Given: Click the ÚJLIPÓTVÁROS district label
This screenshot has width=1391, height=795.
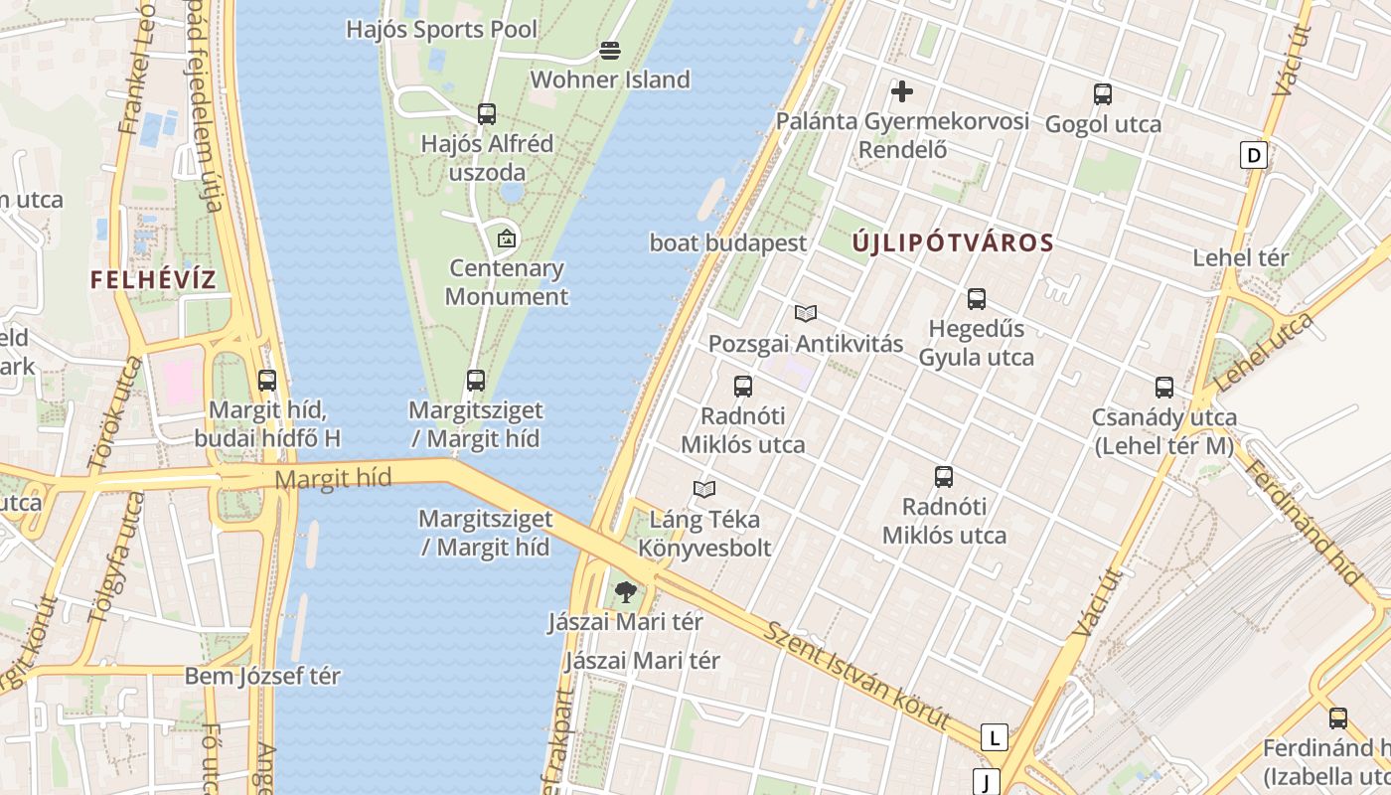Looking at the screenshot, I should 953,242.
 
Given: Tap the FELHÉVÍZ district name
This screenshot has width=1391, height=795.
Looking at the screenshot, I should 153,279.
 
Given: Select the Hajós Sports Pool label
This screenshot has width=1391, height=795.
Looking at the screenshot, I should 441,30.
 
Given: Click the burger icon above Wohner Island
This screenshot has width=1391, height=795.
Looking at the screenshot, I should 610,51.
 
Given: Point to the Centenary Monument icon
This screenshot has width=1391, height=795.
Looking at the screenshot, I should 507,238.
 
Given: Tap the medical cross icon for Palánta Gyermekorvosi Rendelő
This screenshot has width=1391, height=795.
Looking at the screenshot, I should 902,92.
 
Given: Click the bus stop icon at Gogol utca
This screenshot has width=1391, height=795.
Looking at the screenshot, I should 1103,94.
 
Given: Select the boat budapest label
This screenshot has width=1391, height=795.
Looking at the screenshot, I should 728,242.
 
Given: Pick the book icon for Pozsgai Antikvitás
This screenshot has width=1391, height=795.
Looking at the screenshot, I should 806,314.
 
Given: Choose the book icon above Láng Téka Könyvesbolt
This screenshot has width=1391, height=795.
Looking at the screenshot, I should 704,489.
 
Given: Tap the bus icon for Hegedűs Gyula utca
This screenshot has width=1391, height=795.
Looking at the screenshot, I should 977,298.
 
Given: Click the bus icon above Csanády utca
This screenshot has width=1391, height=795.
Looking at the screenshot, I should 1164,388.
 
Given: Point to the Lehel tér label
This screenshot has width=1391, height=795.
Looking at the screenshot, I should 1241,258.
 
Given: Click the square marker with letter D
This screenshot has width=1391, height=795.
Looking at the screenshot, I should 1255,155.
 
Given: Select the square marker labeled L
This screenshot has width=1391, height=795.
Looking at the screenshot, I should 994,737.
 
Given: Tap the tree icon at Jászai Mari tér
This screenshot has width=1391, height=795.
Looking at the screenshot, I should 625,593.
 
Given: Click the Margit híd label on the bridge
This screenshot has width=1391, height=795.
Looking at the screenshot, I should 333,479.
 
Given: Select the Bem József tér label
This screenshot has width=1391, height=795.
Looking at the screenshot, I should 262,677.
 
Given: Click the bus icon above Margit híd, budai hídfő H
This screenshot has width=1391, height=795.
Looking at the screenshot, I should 267,380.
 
